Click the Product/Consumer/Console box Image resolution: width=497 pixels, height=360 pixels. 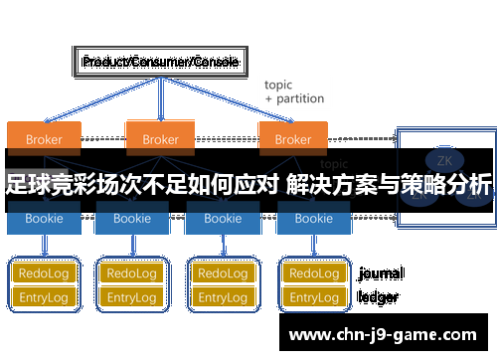160,62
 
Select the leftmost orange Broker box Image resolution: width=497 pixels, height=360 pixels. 43,138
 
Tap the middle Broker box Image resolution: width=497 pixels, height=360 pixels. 160,138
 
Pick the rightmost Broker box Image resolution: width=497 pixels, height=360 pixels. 292,138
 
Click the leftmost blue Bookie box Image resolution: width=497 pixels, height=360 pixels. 43,219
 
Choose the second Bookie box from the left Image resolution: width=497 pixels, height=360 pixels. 130,219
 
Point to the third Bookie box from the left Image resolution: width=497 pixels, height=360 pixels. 222,219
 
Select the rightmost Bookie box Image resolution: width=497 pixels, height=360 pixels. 314,219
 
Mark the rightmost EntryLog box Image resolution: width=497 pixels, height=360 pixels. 314,297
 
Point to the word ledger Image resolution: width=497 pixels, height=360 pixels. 378,296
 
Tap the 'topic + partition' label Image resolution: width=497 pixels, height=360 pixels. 293,92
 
